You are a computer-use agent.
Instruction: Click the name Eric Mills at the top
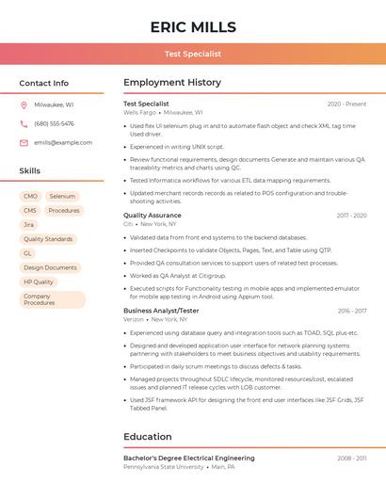193,27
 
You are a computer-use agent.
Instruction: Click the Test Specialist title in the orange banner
193,55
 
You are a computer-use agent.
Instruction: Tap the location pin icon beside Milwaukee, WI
24,105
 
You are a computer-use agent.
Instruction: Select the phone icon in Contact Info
24,123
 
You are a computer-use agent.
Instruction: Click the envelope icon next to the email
24,142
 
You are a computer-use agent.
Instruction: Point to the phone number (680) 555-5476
54,123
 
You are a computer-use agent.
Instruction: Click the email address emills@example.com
63,142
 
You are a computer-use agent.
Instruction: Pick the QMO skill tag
30,197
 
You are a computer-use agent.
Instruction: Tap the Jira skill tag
28,225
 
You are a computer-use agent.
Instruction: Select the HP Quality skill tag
39,282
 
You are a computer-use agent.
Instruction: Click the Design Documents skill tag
50,267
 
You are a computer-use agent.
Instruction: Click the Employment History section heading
172,83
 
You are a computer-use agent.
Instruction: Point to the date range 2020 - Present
346,104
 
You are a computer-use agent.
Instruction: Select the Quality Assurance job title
153,216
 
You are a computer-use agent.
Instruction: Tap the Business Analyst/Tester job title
161,311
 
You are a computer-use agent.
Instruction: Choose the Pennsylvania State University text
163,466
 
